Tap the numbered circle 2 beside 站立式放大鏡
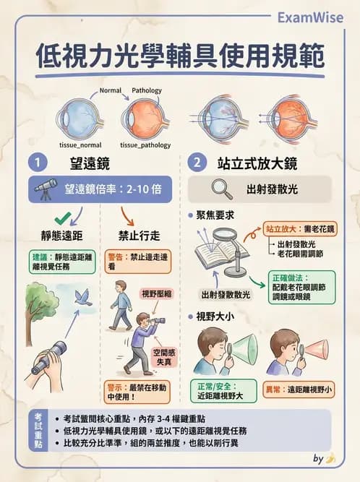(x=196, y=161)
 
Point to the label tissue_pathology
(x=145, y=145)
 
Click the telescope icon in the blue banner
(x=46, y=189)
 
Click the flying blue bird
(x=85, y=296)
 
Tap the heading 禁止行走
(x=137, y=236)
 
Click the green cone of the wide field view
(x=241, y=349)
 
